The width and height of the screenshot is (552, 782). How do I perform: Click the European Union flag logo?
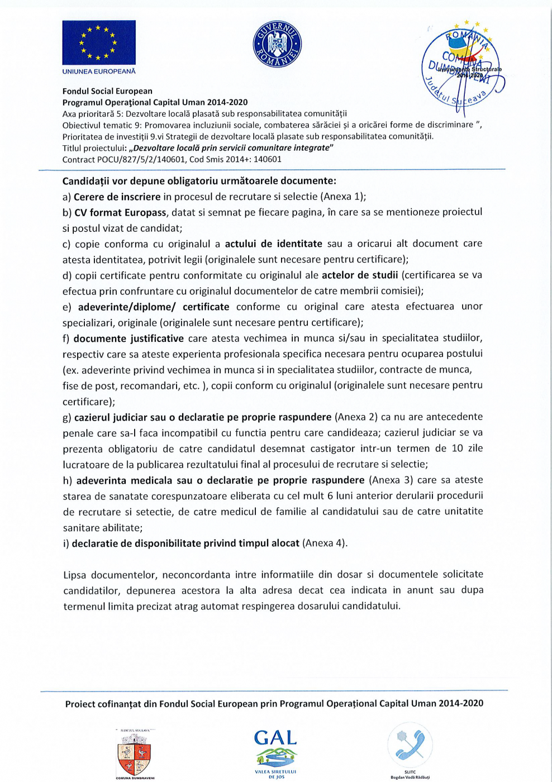(99, 42)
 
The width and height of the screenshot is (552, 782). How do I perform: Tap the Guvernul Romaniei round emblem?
(277, 45)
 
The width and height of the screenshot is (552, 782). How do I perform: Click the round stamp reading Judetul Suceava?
(460, 70)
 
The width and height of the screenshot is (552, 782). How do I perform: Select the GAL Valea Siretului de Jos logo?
(275, 752)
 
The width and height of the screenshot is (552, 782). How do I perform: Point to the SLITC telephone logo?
(410, 745)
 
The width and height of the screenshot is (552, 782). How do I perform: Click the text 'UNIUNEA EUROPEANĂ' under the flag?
(99, 71)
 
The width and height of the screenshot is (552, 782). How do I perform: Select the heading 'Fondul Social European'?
(107, 91)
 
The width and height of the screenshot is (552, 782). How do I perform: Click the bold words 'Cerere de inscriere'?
(117, 197)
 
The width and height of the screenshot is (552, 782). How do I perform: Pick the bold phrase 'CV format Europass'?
(120, 212)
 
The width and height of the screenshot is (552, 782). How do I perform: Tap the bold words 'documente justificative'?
(129, 338)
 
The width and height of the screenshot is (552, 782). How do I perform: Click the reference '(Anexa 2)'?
(356, 417)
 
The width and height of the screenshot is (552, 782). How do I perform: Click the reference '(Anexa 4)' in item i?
(323, 543)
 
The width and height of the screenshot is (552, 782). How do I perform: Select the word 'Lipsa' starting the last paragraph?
(75, 574)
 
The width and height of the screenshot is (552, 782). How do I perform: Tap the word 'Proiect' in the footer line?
(80, 704)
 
